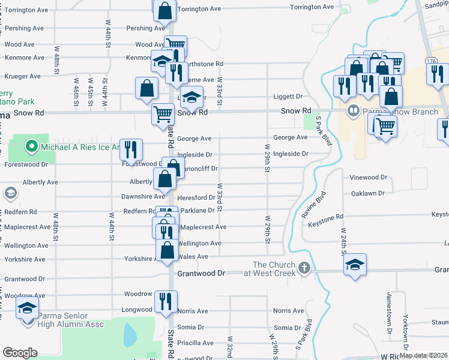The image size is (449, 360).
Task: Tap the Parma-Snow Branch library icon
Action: click(x=354, y=110)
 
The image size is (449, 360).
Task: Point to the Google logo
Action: click(x=20, y=352)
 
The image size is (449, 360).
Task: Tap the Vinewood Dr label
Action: click(x=369, y=178)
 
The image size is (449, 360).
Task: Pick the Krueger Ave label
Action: click(x=22, y=77)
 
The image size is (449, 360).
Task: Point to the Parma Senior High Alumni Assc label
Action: click(x=70, y=320)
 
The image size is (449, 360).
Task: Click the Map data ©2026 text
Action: click(x=423, y=355)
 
